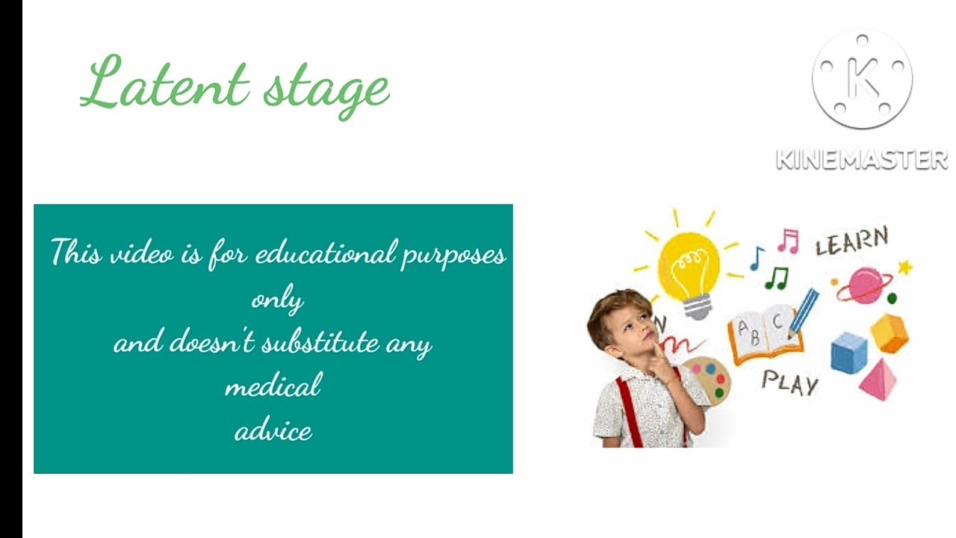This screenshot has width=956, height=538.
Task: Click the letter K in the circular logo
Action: [x=863, y=78]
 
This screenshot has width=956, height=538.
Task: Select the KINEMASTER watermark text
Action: [x=862, y=159]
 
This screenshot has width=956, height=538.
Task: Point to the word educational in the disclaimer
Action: [x=326, y=253]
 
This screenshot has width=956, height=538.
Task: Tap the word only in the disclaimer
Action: [x=277, y=300]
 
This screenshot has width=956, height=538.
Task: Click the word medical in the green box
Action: [x=273, y=384]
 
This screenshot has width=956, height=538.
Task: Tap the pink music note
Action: [x=788, y=241]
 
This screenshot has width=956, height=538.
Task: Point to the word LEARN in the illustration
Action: [x=852, y=241]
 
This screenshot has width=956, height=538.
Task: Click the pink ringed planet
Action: [x=864, y=285]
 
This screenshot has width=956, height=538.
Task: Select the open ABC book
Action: [x=766, y=334]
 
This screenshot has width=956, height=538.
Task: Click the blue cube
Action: [x=849, y=353]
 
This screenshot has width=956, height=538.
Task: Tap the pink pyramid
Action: [x=878, y=380]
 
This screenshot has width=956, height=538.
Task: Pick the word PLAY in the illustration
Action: [x=790, y=383]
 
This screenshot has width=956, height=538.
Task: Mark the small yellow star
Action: [x=904, y=268]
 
